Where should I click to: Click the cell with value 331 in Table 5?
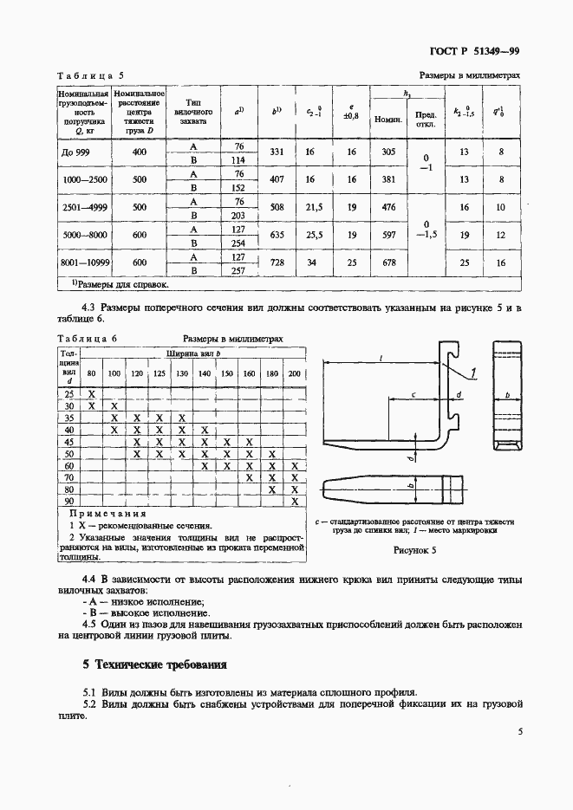pos(277,152)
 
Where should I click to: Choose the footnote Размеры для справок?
pos(114,283)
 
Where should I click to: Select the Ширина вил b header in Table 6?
pos(191,353)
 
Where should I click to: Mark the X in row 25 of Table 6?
pos(91,393)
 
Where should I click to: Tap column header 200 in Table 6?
pos(294,373)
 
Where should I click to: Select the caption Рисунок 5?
pos(414,549)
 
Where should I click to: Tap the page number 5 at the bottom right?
pos(519,731)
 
